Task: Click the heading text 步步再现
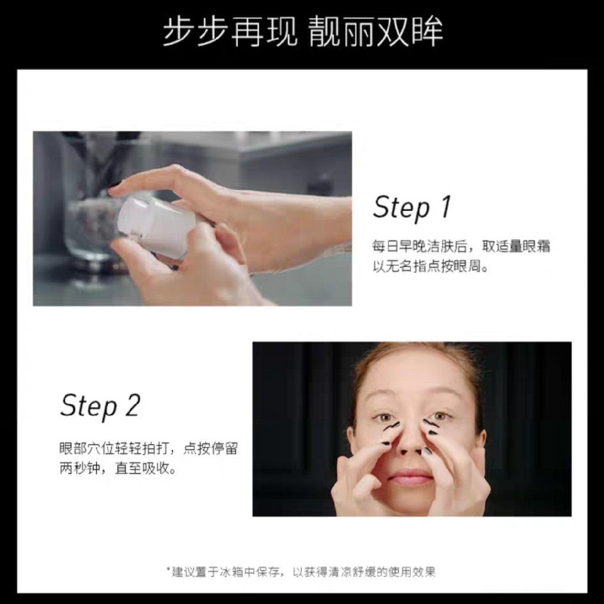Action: pos(230,31)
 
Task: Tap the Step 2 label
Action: pos(100,406)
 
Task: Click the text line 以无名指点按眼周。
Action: pos(430,266)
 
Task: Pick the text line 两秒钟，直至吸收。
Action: pos(118,468)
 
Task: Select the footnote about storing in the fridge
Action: pos(301,572)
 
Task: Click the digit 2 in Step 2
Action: pos(133,405)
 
